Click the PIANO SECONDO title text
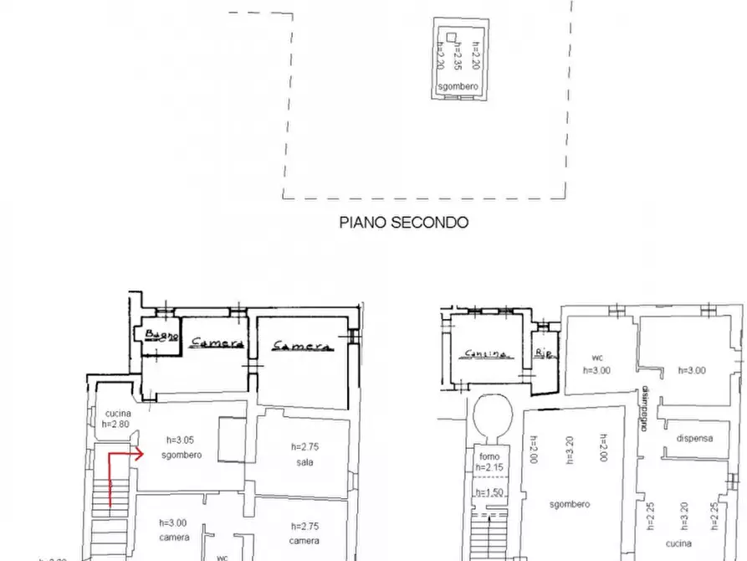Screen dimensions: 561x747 coord(403,223)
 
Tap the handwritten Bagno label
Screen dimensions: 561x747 coord(161,337)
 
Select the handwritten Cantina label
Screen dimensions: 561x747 coord(488,353)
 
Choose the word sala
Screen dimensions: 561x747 coord(304,462)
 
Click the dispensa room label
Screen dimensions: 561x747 coord(695,438)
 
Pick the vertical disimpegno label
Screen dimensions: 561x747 coord(646,407)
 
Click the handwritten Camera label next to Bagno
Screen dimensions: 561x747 coord(217,342)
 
